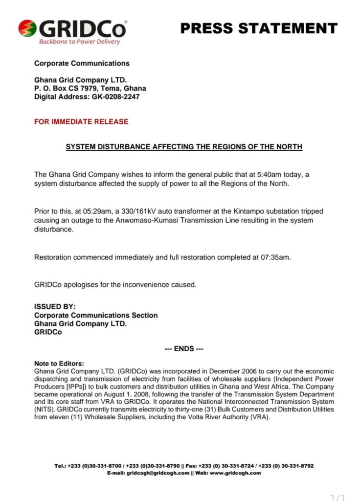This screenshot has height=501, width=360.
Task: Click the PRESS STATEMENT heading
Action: pyautogui.click(x=259, y=28)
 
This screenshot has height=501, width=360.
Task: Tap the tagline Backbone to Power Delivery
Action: pyautogui.click(x=80, y=42)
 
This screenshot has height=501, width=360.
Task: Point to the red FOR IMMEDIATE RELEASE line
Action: pyautogui.click(x=81, y=122)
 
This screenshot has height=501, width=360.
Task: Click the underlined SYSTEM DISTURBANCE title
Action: pyautogui.click(x=184, y=147)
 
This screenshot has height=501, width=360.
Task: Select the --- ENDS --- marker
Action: pyautogui.click(x=184, y=349)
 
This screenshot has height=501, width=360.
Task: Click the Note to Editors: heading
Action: pyautogui.click(x=59, y=364)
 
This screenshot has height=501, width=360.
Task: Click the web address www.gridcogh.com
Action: pyautogui.click(x=237, y=473)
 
